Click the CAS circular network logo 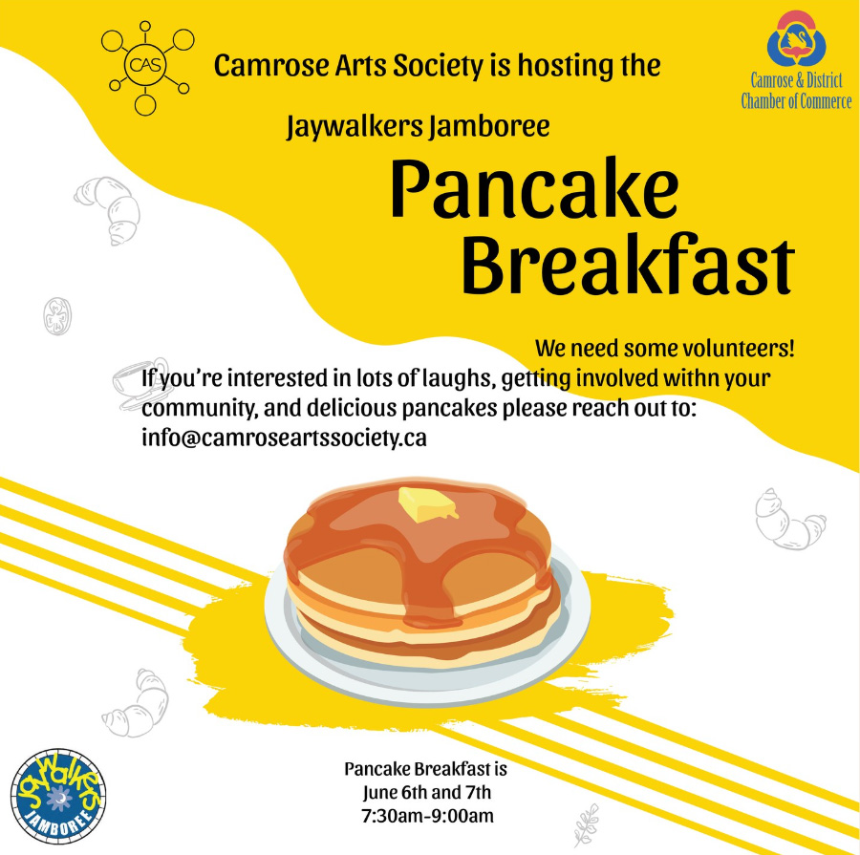coord(145,66)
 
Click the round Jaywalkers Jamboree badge coord(58,796)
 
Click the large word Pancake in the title coord(535,188)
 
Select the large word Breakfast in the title coord(628,265)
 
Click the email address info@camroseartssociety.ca coord(284,438)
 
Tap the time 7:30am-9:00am coord(427,816)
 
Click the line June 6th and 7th coord(427,793)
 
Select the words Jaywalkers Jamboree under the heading coord(418,126)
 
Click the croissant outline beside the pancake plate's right coord(788,521)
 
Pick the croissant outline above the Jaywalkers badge coord(137,705)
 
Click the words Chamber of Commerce coord(796,101)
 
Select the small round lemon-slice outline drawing coord(57,316)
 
